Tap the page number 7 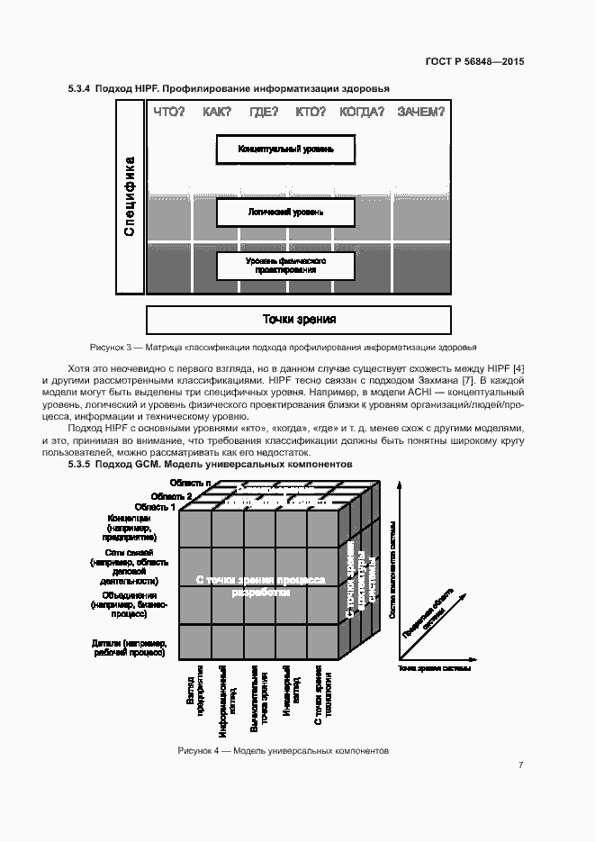tap(520, 765)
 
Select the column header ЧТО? tap(169, 112)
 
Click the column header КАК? tap(217, 112)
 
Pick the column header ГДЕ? tap(264, 112)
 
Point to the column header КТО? tap(311, 112)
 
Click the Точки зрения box tap(299, 320)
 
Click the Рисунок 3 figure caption tap(284, 347)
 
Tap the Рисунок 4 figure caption tap(284, 750)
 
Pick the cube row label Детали tap(129, 647)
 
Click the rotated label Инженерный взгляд tap(285, 693)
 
